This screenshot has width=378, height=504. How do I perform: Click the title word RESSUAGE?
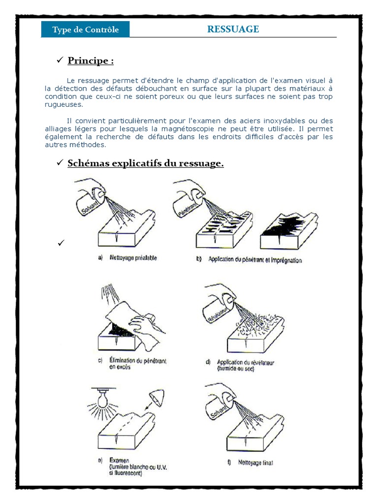click(233, 29)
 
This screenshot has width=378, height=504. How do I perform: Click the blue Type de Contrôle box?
click(86, 30)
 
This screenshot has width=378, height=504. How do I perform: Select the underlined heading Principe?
click(91, 61)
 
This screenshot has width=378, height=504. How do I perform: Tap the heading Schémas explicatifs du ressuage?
click(145, 163)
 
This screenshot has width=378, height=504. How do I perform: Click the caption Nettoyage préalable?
click(133, 258)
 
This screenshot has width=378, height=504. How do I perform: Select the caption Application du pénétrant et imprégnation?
click(254, 259)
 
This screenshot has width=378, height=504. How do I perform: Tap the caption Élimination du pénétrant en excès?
click(137, 364)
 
